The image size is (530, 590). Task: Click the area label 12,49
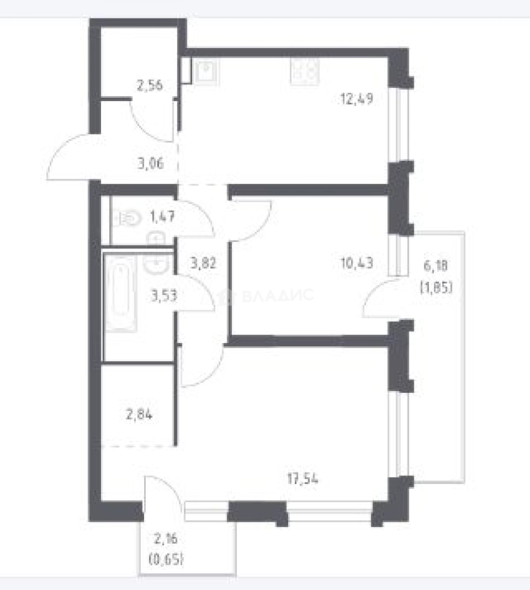click(356, 99)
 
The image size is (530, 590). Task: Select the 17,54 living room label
click(302, 479)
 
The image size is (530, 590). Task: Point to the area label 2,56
click(149, 85)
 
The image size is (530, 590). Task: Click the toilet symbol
click(127, 219)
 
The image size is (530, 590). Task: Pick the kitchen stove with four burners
click(305, 72)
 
